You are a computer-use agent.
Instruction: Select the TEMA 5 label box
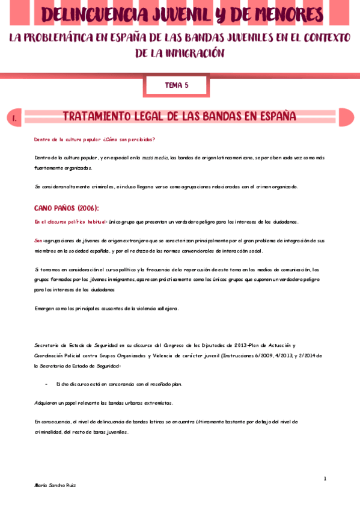point(177,85)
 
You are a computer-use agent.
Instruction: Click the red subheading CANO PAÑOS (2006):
point(66,208)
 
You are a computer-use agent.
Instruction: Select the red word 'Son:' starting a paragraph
point(39,241)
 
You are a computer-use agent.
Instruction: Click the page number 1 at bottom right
point(325,479)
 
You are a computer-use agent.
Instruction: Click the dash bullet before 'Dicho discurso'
point(47,384)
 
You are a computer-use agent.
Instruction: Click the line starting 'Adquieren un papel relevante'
point(104,402)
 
